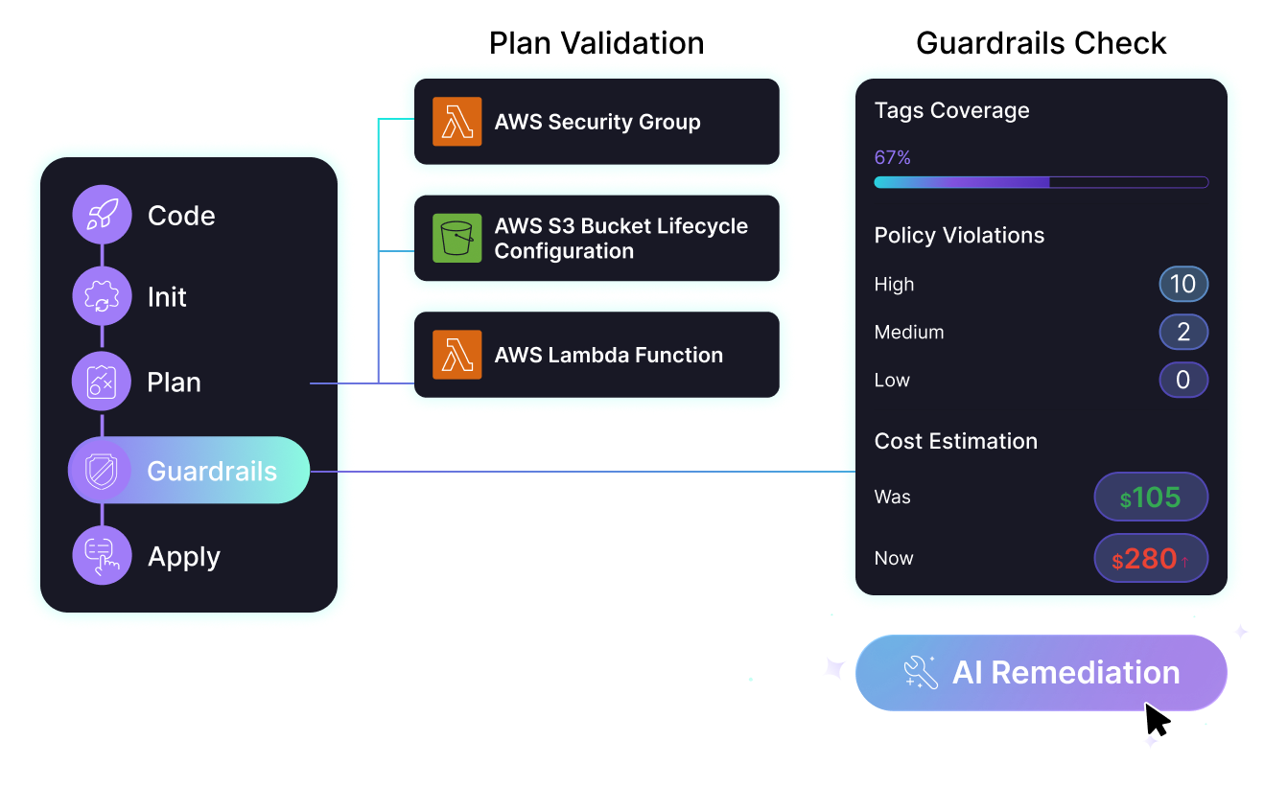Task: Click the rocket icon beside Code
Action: pos(102,215)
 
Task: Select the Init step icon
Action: pos(102,296)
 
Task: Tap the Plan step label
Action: pos(174,382)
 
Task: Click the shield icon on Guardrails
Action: pos(101,471)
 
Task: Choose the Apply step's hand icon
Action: pos(102,556)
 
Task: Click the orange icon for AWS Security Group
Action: pos(457,122)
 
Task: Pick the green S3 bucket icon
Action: pos(457,238)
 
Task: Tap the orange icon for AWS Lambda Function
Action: pos(457,355)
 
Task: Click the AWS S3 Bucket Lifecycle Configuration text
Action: pos(620,239)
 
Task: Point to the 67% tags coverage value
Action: pos(892,157)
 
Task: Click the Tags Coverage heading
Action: pos(951,110)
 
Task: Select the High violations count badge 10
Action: pos(1182,284)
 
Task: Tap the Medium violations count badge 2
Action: pos(1182,332)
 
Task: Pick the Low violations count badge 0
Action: pos(1182,380)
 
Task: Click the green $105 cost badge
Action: pos(1151,498)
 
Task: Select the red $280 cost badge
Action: pos(1151,559)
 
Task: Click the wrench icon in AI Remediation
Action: pos(921,673)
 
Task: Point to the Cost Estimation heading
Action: pos(955,441)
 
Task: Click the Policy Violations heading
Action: pos(959,236)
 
